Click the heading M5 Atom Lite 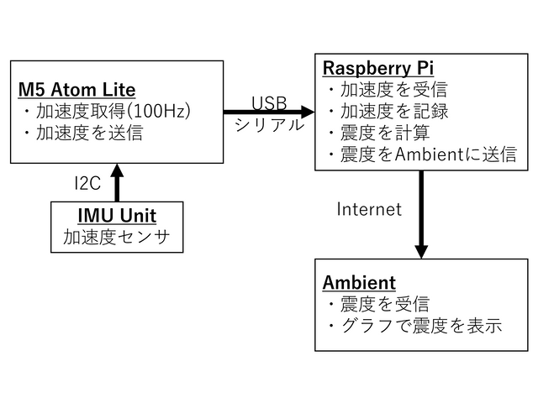(x=76, y=90)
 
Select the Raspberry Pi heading (x=378, y=66)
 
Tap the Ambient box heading (x=359, y=282)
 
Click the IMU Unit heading (x=117, y=215)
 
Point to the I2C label (x=88, y=183)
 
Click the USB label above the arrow (x=269, y=102)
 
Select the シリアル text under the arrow (x=269, y=124)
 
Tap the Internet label (x=369, y=209)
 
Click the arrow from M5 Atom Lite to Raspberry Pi (x=269, y=112)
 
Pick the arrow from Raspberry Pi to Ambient (x=421, y=214)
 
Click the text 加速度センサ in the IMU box (x=117, y=237)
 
